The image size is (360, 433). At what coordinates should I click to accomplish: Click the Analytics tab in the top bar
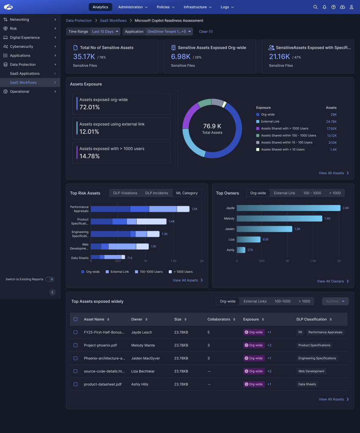coord(100,7)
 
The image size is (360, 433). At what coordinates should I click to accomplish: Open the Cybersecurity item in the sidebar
coord(21,47)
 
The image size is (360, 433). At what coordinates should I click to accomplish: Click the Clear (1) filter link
coord(206,31)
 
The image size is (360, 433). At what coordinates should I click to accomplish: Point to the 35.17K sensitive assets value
coord(84,56)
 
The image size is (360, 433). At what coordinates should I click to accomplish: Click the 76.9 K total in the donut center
coord(212,126)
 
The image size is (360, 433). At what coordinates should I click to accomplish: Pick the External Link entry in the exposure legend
coord(270,121)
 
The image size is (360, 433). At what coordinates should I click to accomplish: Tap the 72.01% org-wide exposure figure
coord(90,107)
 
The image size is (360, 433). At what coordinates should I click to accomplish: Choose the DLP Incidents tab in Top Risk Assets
coord(157,193)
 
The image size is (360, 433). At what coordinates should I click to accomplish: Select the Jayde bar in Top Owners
coord(288,208)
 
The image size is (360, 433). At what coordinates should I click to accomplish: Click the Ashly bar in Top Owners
coord(241,250)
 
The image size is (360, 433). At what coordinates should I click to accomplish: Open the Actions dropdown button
coord(335,301)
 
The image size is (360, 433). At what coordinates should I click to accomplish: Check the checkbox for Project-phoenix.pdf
coord(76,345)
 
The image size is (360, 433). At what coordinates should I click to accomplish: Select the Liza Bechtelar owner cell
coord(143,371)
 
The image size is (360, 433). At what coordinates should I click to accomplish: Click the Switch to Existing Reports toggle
coord(50,279)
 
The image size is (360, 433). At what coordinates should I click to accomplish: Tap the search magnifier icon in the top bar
coord(315,7)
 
